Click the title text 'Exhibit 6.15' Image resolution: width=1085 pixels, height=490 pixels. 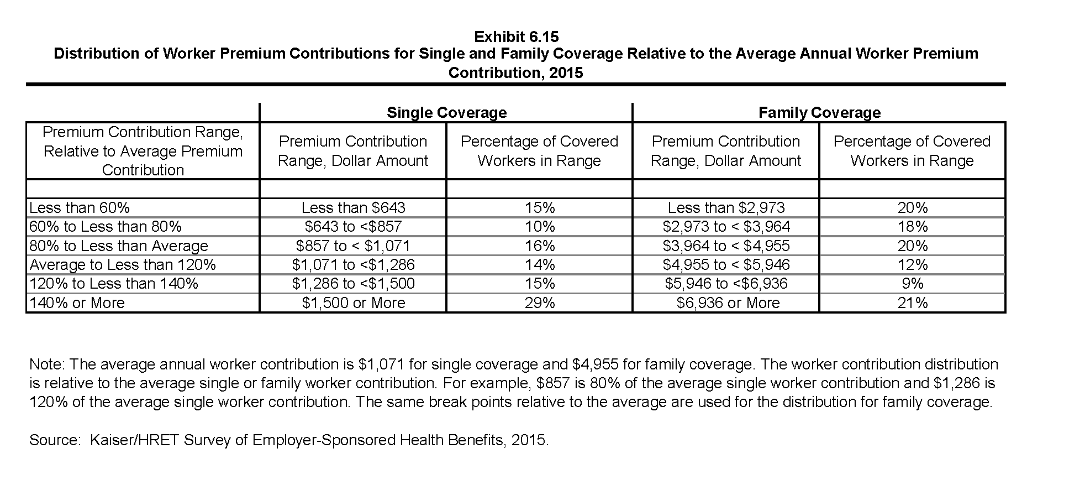coord(517,37)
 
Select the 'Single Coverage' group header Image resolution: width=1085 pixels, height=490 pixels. coord(446,113)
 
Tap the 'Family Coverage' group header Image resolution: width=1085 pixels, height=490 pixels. coord(819,113)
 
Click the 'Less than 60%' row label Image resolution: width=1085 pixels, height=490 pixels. coord(80,208)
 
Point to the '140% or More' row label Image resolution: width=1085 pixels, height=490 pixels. coord(77,303)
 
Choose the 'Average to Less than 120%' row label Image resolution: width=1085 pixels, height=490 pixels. coord(123,265)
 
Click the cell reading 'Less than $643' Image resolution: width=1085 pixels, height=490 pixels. coord(354,208)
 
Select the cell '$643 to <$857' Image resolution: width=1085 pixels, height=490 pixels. coord(354,227)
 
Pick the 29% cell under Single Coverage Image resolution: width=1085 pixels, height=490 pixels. coord(540,303)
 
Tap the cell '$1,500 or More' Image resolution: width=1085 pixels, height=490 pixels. coord(354,303)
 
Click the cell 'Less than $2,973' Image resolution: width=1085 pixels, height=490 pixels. coord(726,208)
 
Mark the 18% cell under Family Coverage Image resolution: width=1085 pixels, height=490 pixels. coord(913,227)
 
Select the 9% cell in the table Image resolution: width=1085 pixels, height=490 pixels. coord(913,284)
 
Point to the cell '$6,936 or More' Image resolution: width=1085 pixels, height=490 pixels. coord(728,303)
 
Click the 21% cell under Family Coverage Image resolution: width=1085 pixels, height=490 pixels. coord(913,303)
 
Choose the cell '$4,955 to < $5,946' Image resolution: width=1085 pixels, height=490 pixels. coord(726,265)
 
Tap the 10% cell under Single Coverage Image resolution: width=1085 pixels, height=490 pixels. coord(540,227)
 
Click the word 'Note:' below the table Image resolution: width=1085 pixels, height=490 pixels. coord(48,364)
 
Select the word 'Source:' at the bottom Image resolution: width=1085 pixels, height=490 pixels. coord(54,440)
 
